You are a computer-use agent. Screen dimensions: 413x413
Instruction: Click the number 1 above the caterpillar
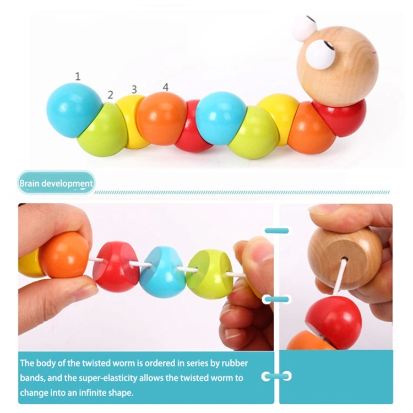click(x=78, y=77)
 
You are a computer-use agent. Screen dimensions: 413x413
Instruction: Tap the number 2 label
click(x=110, y=95)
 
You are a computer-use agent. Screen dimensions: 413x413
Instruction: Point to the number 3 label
click(x=134, y=90)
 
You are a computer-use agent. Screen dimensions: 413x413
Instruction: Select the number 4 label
click(x=165, y=87)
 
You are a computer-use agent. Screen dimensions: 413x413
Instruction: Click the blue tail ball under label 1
click(x=74, y=110)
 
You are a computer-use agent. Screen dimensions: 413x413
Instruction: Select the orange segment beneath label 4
click(x=161, y=118)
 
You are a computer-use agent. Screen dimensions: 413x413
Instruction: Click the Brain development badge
click(x=56, y=183)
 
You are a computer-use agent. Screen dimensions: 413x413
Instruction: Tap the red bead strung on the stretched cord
click(x=116, y=266)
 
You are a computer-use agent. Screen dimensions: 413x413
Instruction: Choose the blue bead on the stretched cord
click(x=162, y=272)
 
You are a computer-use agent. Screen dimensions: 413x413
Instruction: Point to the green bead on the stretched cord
click(x=209, y=274)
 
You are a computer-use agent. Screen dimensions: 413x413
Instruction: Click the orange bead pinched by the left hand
click(x=63, y=254)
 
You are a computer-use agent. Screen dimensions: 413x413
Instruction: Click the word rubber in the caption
click(x=235, y=363)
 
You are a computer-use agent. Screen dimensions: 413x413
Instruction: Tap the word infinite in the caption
click(x=87, y=393)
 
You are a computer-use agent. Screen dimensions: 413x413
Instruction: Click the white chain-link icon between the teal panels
click(x=276, y=376)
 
